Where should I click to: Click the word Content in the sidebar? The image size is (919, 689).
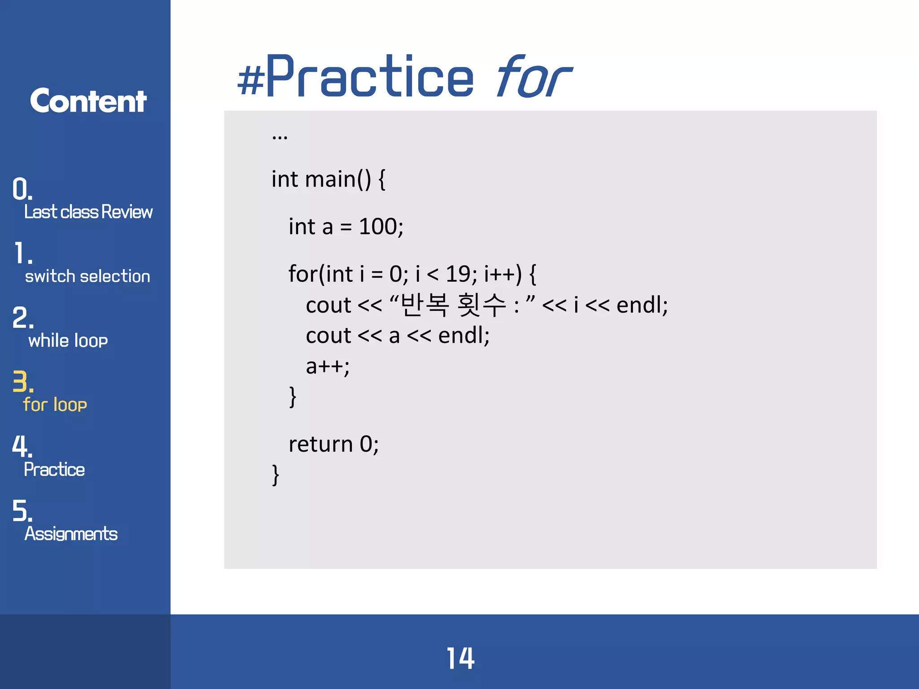(88, 101)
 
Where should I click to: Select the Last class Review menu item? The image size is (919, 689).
(88, 212)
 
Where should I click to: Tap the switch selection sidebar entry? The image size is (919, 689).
(88, 276)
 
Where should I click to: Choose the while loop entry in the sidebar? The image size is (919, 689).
(68, 340)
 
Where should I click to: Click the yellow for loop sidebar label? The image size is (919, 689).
(55, 405)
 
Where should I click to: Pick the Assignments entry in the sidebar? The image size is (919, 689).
(71, 534)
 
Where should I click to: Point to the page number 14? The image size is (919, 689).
(460, 658)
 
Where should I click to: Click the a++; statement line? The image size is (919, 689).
(328, 366)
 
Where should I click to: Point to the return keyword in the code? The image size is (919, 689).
(320, 444)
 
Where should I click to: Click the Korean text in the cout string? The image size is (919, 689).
(453, 305)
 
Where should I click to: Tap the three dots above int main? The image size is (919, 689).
(280, 136)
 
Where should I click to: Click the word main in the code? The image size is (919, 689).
(330, 179)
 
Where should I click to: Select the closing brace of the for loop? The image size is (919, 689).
(293, 397)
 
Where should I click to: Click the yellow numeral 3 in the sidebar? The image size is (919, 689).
(20, 382)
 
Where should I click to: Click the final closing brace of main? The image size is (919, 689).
(276, 475)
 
